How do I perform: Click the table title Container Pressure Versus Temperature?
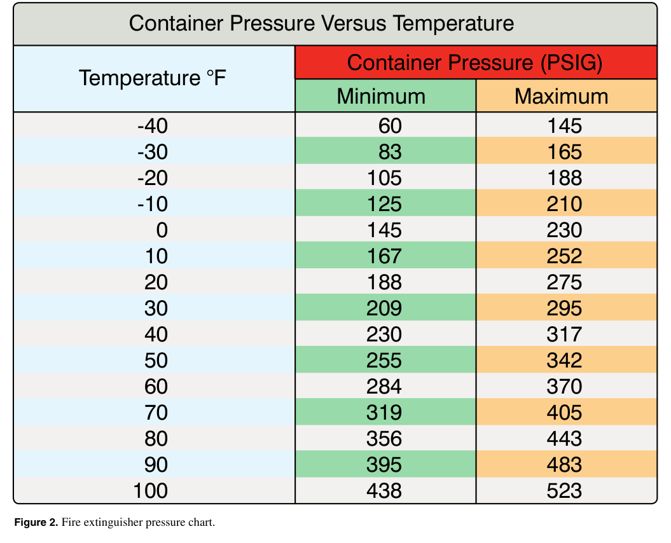(321, 23)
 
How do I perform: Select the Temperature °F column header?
(153, 78)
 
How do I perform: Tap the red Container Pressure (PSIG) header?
(474, 62)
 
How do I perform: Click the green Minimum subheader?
(381, 96)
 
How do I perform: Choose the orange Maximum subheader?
(561, 96)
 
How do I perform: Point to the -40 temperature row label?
(153, 126)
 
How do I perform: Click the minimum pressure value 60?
(390, 126)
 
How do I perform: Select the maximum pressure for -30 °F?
(564, 152)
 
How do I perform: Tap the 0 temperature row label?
(162, 230)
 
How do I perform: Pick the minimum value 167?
(384, 256)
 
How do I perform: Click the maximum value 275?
(564, 282)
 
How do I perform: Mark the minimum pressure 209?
(384, 308)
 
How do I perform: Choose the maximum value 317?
(564, 334)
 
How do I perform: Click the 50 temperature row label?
(156, 361)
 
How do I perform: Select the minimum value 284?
(384, 387)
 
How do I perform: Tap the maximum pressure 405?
(564, 413)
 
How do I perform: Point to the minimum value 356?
(384, 439)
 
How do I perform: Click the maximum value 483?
(564, 465)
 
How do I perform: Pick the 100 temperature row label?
(150, 491)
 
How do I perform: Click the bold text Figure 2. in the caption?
(36, 523)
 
